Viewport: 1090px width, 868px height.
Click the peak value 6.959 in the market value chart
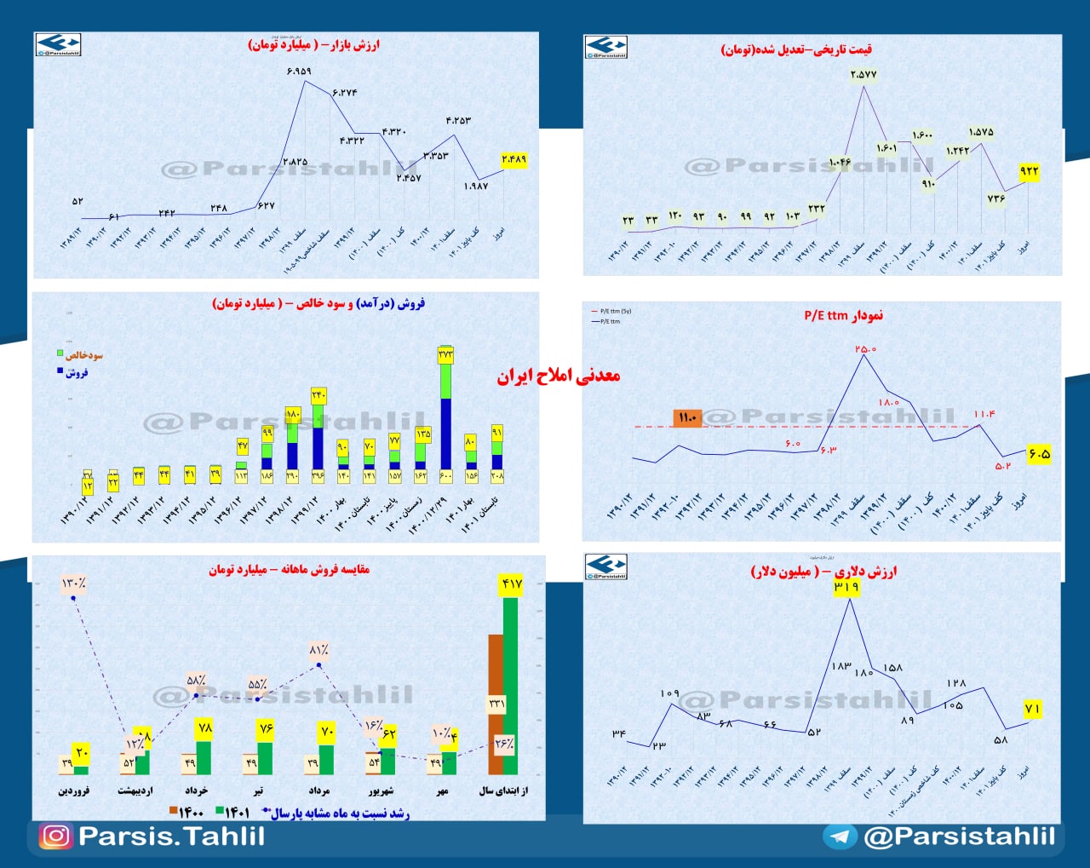point(299,72)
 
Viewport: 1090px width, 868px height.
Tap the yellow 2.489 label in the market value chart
point(514,159)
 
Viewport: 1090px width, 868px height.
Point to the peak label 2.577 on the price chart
point(863,75)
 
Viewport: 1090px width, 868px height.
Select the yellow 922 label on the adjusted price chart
point(1030,171)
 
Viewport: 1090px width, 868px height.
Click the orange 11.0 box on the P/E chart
point(687,417)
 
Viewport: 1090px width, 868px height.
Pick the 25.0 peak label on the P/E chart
point(865,349)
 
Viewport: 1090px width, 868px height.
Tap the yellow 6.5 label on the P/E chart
point(1039,454)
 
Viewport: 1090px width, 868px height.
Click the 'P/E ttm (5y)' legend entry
point(615,312)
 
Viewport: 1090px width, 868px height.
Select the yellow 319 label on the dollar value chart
point(846,587)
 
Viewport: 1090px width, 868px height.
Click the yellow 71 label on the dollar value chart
point(1032,709)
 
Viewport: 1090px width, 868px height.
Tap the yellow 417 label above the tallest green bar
point(511,584)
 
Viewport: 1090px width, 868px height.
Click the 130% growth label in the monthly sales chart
point(73,583)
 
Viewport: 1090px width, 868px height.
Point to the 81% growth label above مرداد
point(319,651)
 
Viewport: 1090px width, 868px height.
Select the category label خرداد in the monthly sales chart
point(196,790)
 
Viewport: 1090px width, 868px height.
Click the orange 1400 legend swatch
point(174,813)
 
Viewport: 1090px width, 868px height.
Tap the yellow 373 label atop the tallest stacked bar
point(445,354)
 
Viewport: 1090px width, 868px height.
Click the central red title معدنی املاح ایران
point(559,376)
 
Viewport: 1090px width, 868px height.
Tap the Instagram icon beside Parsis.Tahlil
point(55,836)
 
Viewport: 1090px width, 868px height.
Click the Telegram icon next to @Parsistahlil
point(840,836)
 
